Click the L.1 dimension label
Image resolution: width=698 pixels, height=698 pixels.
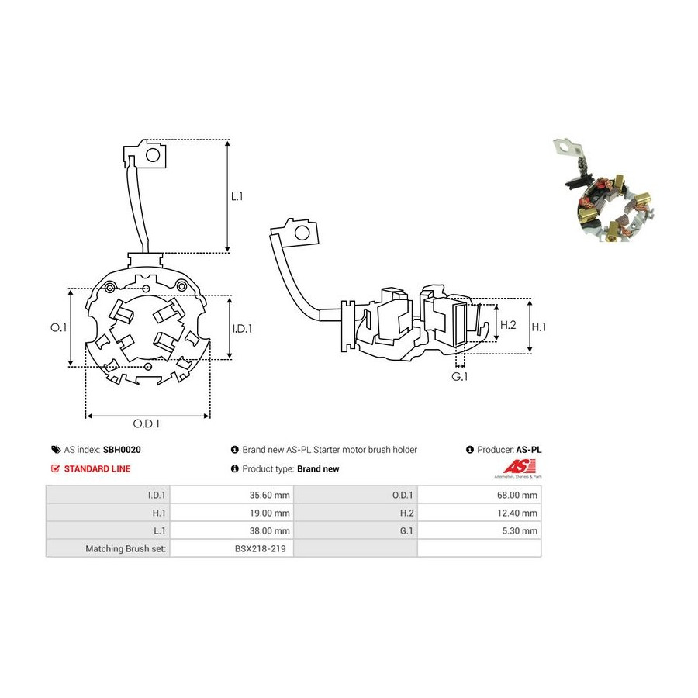click(237, 196)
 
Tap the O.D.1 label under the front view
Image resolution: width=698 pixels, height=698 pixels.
click(146, 423)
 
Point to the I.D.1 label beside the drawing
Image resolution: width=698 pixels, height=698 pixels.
click(242, 329)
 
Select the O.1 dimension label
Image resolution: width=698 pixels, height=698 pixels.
click(58, 327)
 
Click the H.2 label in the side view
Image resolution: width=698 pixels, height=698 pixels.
click(508, 325)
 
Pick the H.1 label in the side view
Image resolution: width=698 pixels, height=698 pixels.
click(539, 327)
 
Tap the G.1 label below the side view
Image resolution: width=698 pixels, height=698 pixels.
click(460, 377)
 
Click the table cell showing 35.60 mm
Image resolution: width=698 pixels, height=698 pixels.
click(269, 495)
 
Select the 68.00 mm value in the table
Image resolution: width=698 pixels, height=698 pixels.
click(517, 495)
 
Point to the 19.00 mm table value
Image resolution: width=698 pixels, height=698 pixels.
click(269, 513)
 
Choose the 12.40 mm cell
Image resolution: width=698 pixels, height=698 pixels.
click(517, 513)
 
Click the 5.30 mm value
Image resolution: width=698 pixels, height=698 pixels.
click(520, 530)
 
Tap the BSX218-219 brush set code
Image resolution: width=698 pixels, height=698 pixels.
click(260, 548)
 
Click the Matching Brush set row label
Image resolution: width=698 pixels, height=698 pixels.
click(126, 548)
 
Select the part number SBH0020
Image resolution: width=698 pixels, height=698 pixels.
click(122, 450)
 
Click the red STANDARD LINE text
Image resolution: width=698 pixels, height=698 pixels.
click(97, 468)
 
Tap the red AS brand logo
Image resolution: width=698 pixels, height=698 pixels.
click(519, 467)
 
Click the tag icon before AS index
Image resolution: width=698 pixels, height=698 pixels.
click(56, 450)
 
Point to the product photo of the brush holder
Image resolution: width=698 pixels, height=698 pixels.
click(604, 191)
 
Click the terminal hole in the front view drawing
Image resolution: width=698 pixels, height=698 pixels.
click(153, 155)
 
